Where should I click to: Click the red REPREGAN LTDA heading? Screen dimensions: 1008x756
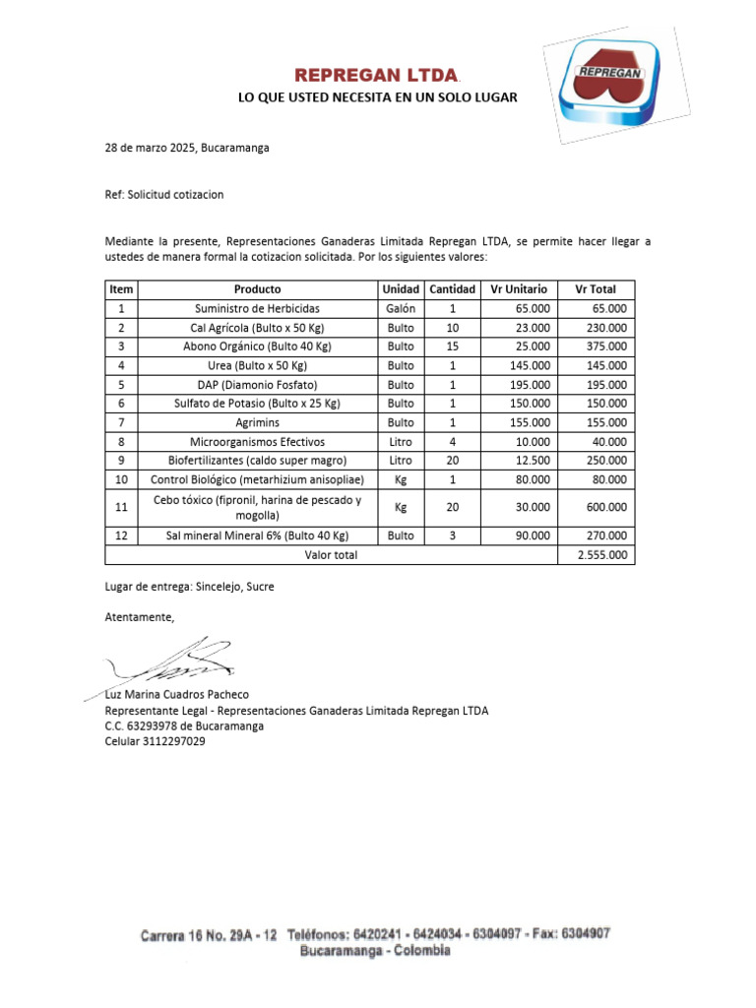378,76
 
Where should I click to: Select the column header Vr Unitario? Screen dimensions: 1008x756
519,289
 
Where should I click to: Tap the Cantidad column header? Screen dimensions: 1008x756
453,289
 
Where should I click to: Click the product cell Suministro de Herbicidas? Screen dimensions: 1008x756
257,308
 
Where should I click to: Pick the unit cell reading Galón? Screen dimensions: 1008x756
401,308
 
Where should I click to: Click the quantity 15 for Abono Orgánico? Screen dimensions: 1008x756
453,346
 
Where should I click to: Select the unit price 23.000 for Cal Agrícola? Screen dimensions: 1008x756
533,328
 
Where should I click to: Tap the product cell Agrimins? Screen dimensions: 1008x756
257,422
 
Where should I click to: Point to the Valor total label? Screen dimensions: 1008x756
331,555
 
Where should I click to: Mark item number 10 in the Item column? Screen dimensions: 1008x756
121,479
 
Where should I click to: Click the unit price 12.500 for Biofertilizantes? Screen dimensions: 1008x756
533,461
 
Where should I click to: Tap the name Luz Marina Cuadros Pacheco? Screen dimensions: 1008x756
177,694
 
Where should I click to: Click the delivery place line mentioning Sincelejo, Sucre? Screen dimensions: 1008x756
190,587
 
